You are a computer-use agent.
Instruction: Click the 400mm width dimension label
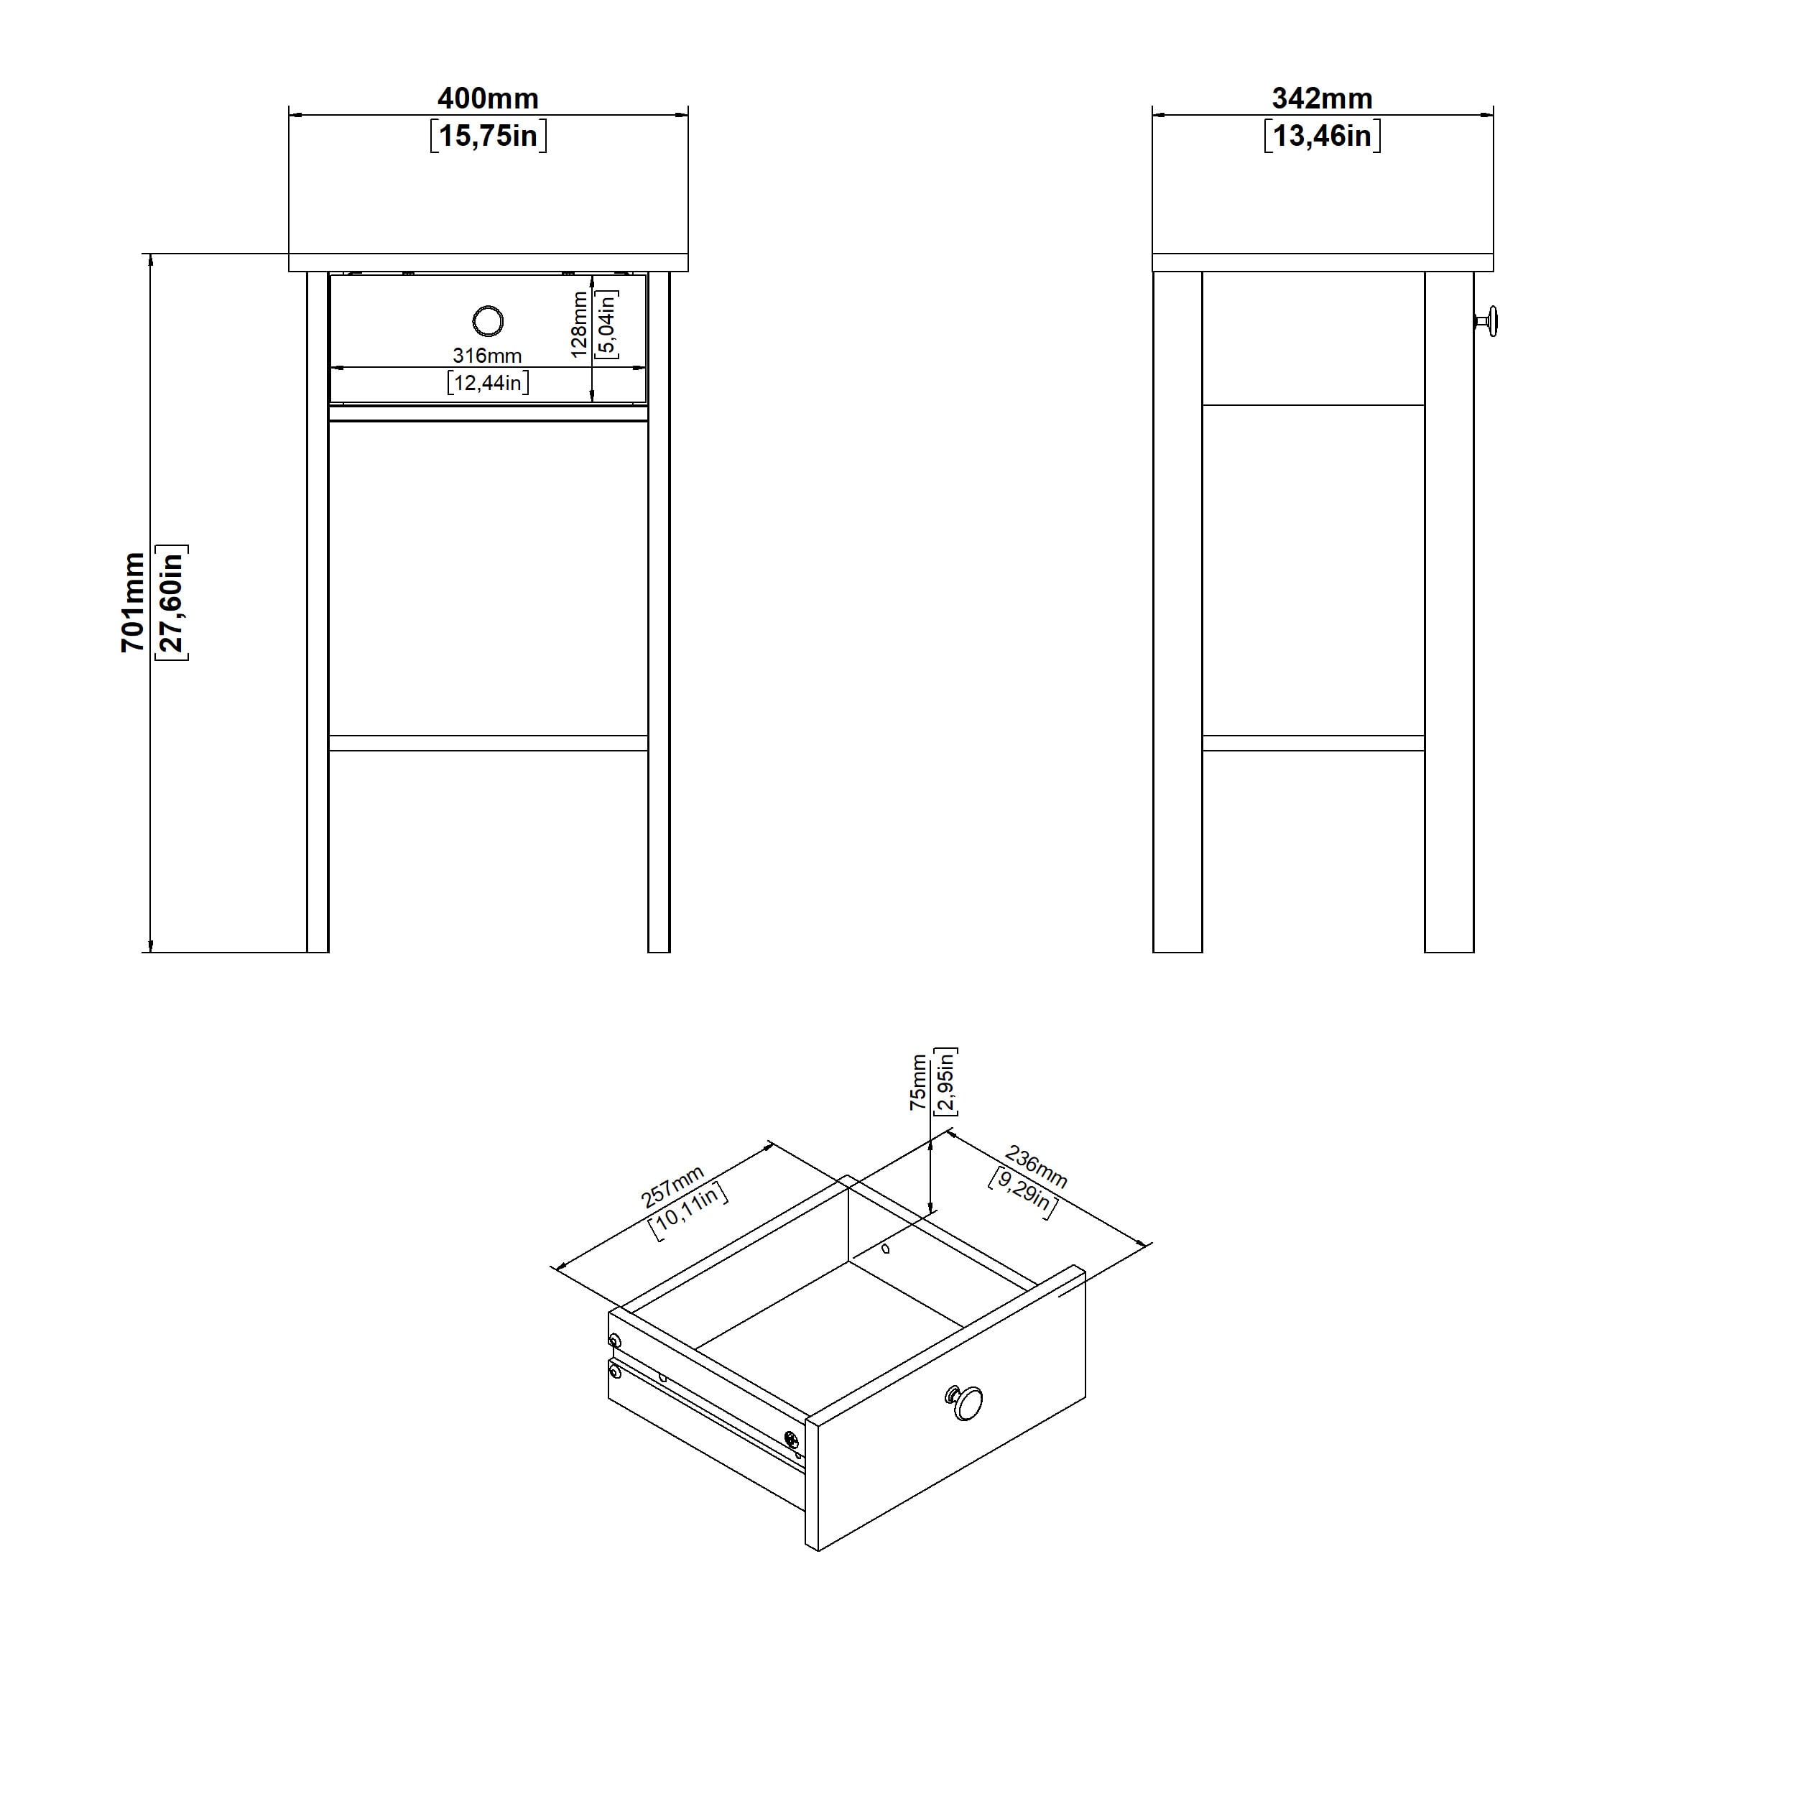(x=488, y=98)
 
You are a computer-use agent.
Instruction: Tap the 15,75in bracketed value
(x=488, y=136)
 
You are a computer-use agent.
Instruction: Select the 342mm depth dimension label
(x=1322, y=98)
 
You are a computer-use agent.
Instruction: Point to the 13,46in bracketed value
(x=1322, y=136)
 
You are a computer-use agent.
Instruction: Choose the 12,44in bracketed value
(x=488, y=382)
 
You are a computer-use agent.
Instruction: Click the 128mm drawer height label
(x=579, y=325)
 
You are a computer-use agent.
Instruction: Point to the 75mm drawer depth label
(x=918, y=1082)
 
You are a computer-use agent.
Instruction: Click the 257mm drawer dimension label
(x=673, y=1187)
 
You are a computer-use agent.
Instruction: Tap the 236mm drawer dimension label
(x=1036, y=1169)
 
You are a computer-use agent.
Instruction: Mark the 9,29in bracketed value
(x=1022, y=1193)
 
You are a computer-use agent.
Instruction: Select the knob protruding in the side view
(x=1486, y=322)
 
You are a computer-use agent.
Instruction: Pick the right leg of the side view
(x=1449, y=611)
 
